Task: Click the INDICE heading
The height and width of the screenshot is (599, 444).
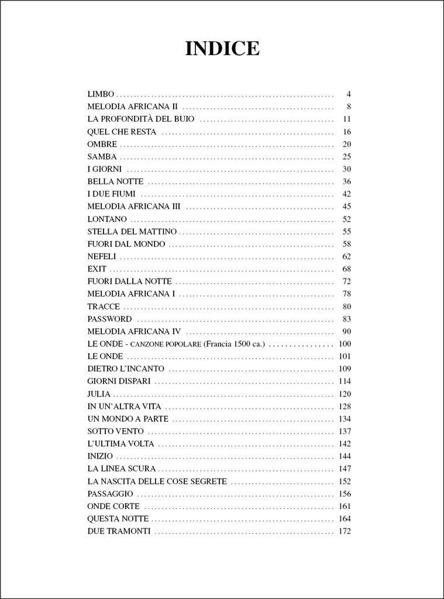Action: tap(222, 49)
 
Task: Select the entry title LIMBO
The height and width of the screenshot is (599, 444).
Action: tap(101, 94)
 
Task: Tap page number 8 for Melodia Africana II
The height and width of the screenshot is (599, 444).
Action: tap(348, 106)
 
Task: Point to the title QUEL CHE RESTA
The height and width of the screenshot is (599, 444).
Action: tap(122, 132)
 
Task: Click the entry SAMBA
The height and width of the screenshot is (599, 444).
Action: tap(102, 157)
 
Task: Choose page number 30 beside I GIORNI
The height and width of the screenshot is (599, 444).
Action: tap(346, 169)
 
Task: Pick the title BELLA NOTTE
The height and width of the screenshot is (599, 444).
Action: tap(115, 181)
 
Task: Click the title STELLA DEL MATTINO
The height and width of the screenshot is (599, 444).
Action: tap(132, 232)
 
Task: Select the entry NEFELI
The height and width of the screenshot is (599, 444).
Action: tap(102, 256)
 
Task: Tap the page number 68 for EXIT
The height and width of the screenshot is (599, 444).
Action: tap(346, 269)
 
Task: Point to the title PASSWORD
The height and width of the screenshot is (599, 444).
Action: tap(109, 319)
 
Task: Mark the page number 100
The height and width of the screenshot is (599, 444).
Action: tap(345, 344)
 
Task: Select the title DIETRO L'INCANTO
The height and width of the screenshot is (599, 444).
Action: tap(126, 369)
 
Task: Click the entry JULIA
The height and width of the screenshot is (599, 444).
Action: tap(99, 394)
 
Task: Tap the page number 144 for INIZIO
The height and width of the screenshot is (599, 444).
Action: tap(345, 456)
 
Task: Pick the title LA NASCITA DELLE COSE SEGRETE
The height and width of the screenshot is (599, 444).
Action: tap(157, 481)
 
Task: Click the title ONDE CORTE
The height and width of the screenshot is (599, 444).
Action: tap(113, 506)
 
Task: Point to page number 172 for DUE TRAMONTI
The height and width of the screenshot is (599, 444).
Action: tap(345, 531)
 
